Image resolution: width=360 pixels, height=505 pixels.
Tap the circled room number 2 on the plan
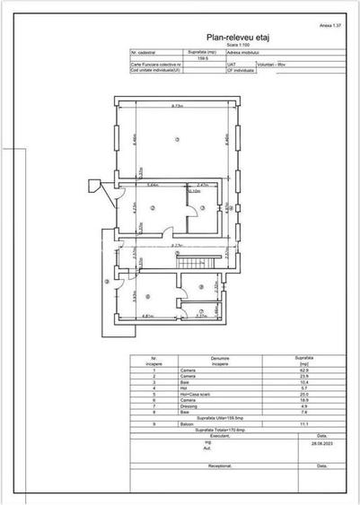[x=153, y=208]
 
